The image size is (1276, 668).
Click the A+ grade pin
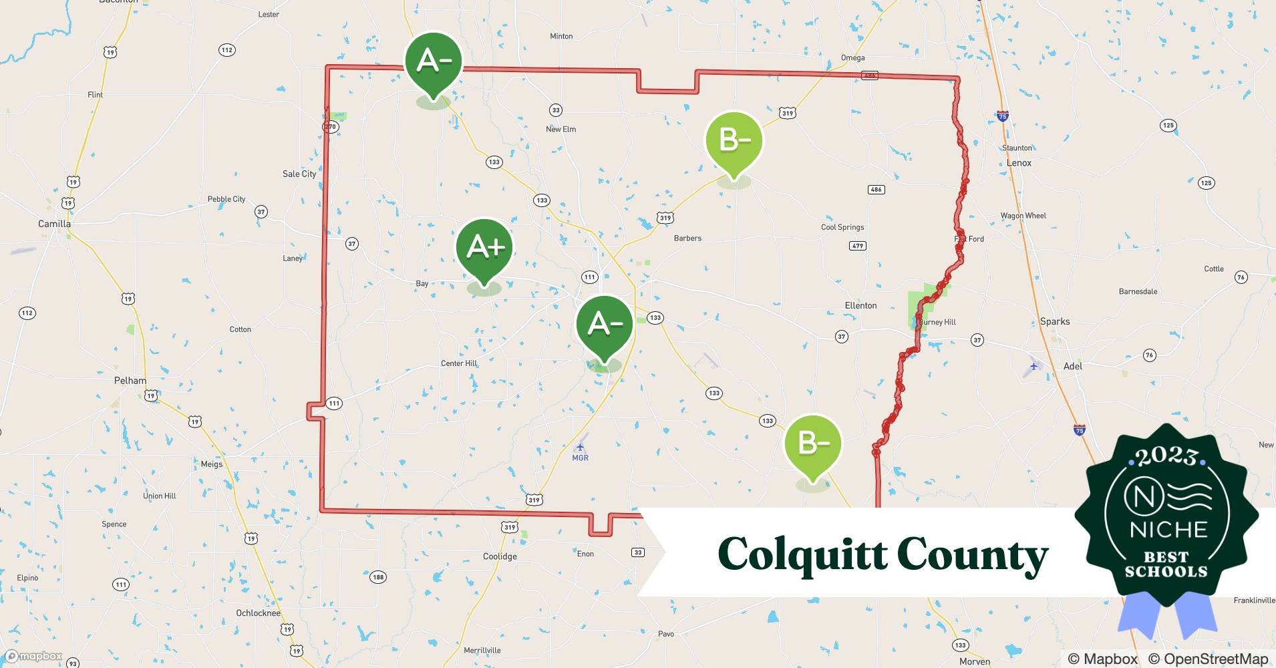pyautogui.click(x=484, y=247)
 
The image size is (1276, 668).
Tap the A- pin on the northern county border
pyautogui.click(x=434, y=61)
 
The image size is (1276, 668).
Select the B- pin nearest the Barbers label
pyautogui.click(x=734, y=140)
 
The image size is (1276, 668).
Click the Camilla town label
pyautogui.click(x=54, y=224)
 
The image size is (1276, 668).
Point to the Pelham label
pyautogui.click(x=130, y=381)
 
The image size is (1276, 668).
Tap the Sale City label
pyautogui.click(x=299, y=174)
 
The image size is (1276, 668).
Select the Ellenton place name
pyautogui.click(x=860, y=305)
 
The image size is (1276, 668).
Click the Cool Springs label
pyautogui.click(x=842, y=227)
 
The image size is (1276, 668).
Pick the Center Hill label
pyautogui.click(x=459, y=363)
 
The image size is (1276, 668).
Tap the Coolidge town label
pyautogui.click(x=500, y=556)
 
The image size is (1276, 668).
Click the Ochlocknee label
pyautogui.click(x=259, y=613)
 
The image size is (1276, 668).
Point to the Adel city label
pyautogui.click(x=1073, y=366)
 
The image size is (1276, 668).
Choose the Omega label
pyautogui.click(x=852, y=58)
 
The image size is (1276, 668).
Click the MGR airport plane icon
pyautogui.click(x=580, y=447)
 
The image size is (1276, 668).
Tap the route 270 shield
pyautogui.click(x=331, y=126)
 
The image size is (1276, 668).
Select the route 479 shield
pyautogui.click(x=858, y=246)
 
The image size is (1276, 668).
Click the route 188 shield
pyautogui.click(x=377, y=576)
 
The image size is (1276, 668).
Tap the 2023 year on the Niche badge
pyautogui.click(x=1166, y=456)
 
